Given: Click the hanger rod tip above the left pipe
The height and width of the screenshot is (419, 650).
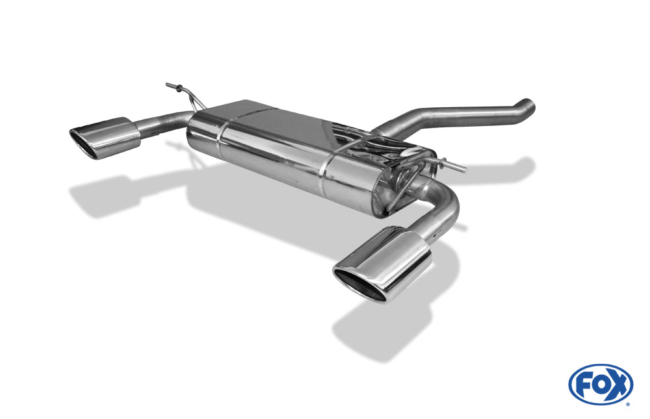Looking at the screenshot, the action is [168, 85].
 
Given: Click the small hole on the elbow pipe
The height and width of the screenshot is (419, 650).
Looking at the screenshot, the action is [434, 236].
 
